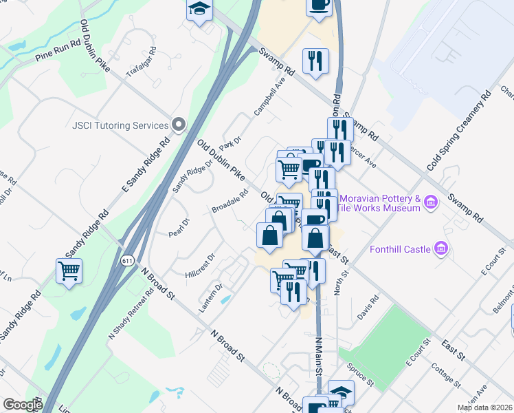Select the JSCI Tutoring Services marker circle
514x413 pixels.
[x=179, y=125]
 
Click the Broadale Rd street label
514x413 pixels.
[x=230, y=202]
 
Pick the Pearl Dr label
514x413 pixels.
[x=179, y=228]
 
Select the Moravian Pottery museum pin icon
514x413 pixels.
[x=431, y=202]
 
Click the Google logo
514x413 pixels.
[x=22, y=405]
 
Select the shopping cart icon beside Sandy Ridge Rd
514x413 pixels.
[x=69, y=271]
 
